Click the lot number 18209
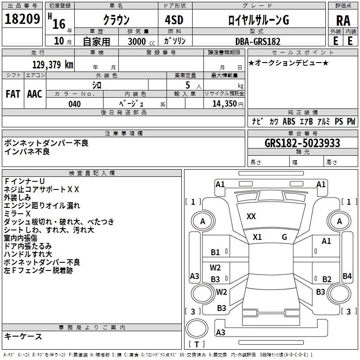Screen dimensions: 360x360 22,18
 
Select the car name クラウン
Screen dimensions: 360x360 116,20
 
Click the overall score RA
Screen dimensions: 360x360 343,21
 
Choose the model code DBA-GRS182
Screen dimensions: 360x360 258,41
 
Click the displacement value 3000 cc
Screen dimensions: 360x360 139,42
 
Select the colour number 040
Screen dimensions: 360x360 75,104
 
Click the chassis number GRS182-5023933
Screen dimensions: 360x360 302,143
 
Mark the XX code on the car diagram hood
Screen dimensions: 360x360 251,216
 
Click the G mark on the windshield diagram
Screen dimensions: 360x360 284,237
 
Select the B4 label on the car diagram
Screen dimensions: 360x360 347,276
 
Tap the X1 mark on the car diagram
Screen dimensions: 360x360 257,237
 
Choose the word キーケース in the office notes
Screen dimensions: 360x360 23,336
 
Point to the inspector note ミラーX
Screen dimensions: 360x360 18,214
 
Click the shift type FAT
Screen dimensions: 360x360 13,94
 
